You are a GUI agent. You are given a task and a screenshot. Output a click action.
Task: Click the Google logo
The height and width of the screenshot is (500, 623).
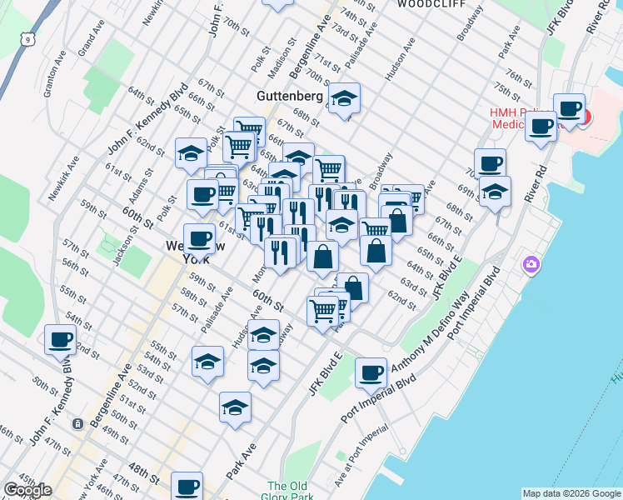tap(27, 490)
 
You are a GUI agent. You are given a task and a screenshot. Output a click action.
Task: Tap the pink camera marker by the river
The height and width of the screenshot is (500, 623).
tap(531, 265)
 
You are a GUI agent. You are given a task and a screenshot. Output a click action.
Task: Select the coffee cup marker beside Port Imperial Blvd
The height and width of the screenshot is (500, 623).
tap(371, 372)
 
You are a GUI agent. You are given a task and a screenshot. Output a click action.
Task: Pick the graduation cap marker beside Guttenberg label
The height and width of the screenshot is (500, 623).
tap(343, 100)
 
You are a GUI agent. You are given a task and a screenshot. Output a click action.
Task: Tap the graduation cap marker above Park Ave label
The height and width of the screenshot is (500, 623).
tap(236, 407)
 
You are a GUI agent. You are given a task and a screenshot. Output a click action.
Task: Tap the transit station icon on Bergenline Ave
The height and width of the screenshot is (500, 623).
tap(77, 423)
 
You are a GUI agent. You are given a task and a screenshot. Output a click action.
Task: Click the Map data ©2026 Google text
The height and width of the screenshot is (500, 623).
tap(571, 493)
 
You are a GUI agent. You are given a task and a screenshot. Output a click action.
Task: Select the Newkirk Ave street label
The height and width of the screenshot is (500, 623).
tap(58, 178)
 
